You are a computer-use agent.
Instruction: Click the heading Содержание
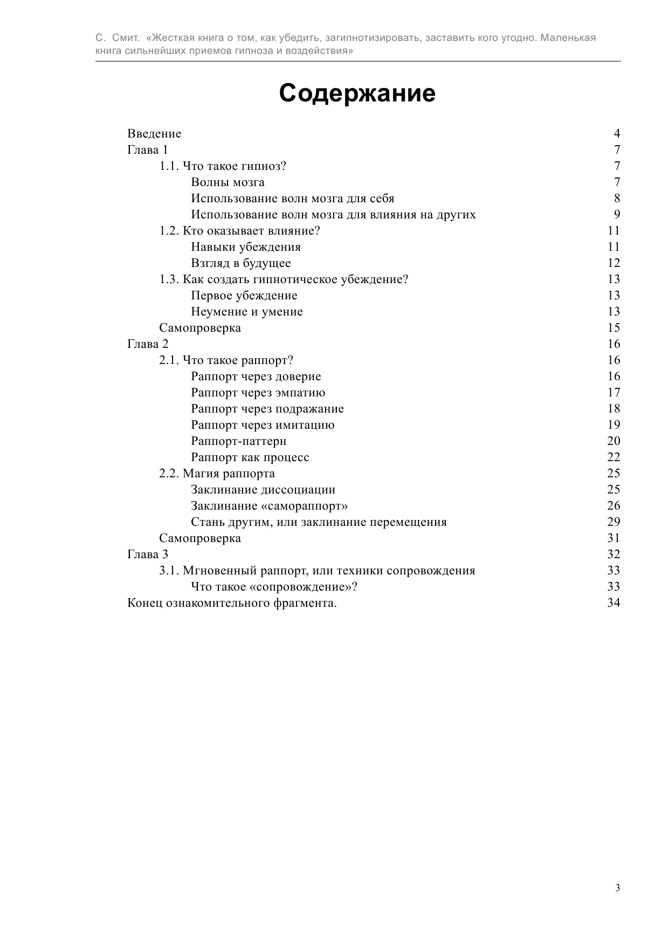[x=357, y=94]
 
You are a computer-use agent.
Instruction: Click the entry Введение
[x=154, y=134]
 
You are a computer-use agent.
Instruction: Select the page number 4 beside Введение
[x=617, y=134]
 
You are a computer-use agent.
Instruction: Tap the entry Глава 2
[x=148, y=344]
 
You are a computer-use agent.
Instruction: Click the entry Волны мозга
[x=227, y=182]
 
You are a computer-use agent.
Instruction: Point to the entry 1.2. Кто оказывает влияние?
[x=239, y=231]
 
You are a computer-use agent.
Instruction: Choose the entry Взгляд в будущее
[x=240, y=263]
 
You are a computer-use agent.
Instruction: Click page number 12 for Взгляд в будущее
[x=613, y=263]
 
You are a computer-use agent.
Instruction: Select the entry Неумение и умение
[x=247, y=312]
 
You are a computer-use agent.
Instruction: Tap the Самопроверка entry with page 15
[x=199, y=328]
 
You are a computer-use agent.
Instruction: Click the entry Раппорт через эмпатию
[x=258, y=393]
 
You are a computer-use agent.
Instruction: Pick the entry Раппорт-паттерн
[x=238, y=441]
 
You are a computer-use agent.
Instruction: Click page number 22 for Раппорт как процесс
[x=613, y=457]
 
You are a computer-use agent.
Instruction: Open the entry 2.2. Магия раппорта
[x=217, y=474]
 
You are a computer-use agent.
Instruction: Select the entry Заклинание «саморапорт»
[x=269, y=506]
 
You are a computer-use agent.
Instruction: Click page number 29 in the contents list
[x=613, y=522]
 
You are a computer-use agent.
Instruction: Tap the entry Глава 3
[x=148, y=554]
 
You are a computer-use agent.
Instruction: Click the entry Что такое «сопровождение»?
[x=274, y=587]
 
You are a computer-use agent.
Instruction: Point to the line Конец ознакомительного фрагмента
[x=232, y=603]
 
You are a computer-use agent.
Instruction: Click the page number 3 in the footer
[x=617, y=888]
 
